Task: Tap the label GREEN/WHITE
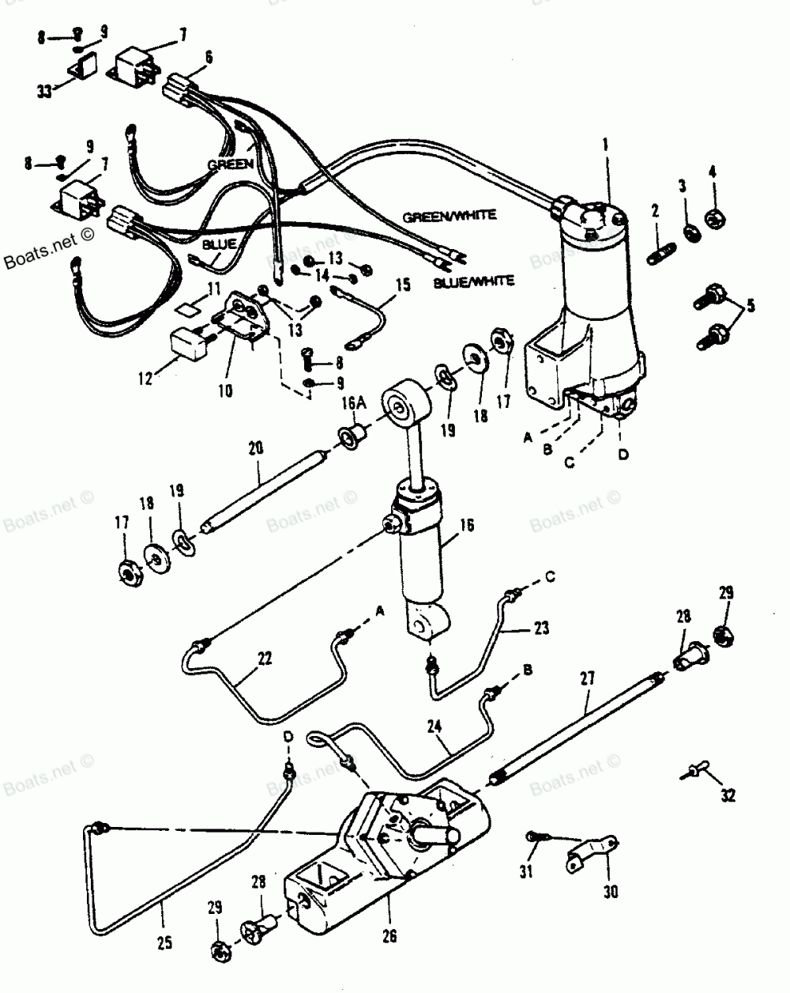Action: (x=450, y=215)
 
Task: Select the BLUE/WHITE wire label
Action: (x=474, y=281)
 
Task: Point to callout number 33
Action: (x=44, y=92)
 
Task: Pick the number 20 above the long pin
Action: (x=255, y=447)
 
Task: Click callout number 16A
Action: (x=348, y=405)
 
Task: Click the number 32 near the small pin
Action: (x=728, y=796)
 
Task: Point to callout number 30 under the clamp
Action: (x=611, y=893)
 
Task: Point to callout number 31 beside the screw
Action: (x=526, y=872)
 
